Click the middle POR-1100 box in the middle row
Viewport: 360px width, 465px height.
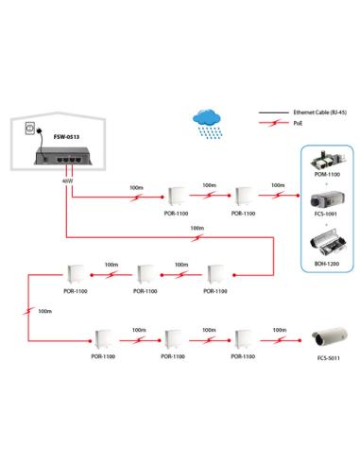pyautogui.click(x=146, y=275)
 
